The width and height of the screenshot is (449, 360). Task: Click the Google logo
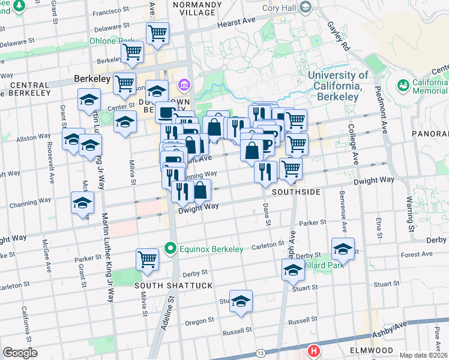point(20,353)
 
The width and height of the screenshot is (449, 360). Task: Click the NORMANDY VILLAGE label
point(193,8)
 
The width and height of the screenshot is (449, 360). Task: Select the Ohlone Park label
point(112,41)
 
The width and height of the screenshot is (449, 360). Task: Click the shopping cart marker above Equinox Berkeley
point(147,259)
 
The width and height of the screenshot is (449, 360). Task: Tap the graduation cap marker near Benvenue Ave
point(343,248)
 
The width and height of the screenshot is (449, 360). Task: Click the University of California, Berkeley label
point(338,85)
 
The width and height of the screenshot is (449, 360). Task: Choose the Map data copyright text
point(423,355)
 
